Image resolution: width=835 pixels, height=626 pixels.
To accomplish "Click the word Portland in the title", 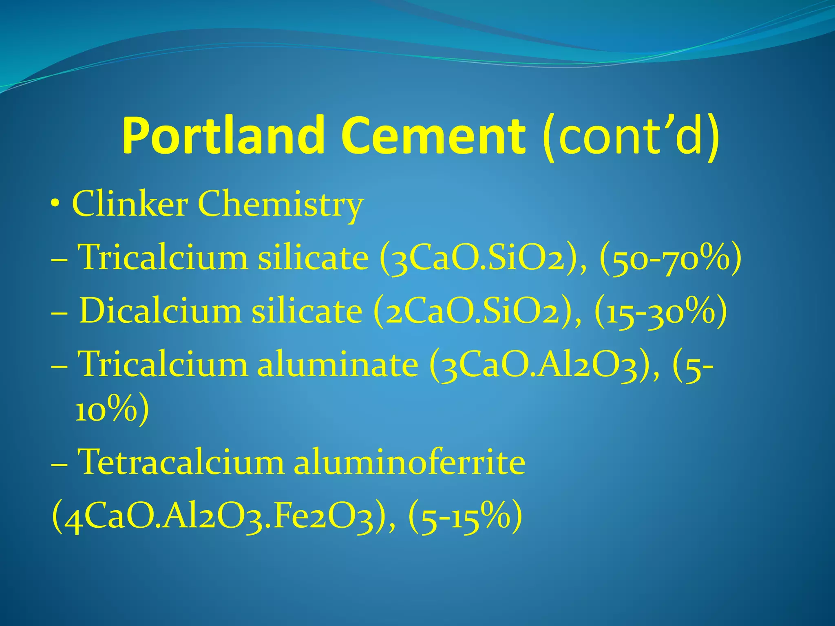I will [x=223, y=135].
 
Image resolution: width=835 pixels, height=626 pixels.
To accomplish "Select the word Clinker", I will [x=130, y=204].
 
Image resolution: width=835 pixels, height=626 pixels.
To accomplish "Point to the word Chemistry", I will [x=281, y=205].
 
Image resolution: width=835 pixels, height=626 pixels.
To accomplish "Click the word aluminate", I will [x=338, y=364].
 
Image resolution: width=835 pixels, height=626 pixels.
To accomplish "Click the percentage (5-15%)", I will [x=465, y=517].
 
